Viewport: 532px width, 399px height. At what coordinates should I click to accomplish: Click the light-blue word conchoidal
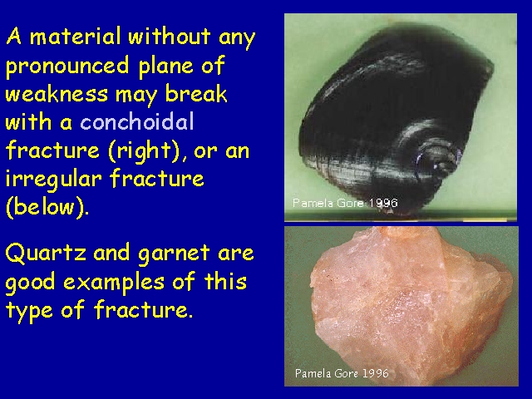137,121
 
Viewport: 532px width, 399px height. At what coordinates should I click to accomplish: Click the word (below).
47,207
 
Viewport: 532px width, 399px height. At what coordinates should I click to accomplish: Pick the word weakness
57,93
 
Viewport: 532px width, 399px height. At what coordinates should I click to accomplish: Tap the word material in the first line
75,36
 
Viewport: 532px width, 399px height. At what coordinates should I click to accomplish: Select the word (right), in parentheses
147,150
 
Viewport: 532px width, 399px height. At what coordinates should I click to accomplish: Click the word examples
114,283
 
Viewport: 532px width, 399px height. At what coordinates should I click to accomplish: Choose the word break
196,93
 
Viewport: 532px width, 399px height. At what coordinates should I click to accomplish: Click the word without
169,36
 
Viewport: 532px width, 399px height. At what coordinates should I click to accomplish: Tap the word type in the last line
29,311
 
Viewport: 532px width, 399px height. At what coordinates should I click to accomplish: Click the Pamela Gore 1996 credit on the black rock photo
345,203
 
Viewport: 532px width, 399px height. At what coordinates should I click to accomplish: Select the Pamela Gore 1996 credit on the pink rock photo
342,373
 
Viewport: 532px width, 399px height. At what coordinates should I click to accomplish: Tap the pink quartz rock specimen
411,305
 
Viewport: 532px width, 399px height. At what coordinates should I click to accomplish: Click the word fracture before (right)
52,150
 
